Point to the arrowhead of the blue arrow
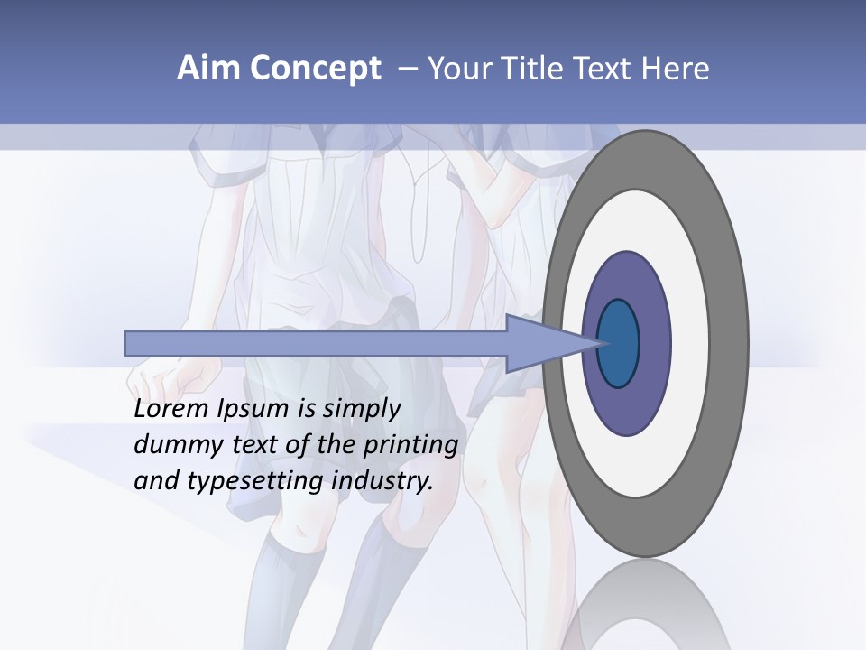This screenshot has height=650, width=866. (x=541, y=344)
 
